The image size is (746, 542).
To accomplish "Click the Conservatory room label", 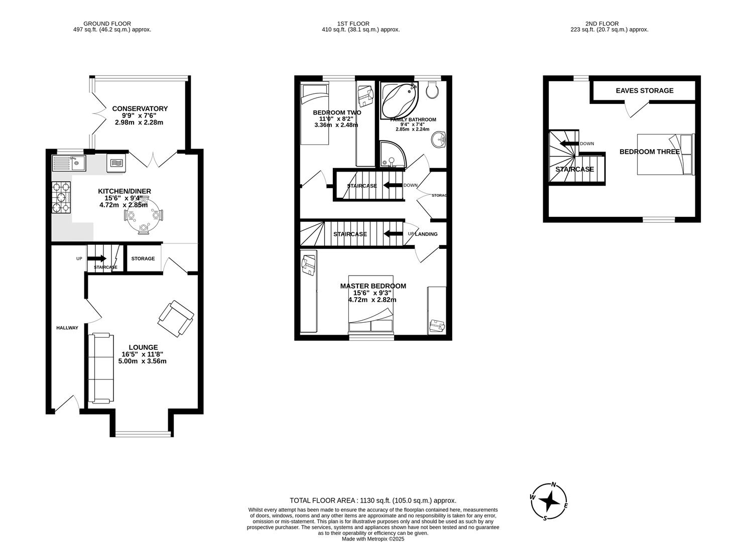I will (140, 108).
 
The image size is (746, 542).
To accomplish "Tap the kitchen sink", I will (69, 163).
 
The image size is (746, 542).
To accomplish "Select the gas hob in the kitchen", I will (61, 197).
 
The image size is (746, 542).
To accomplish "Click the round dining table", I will (144, 216).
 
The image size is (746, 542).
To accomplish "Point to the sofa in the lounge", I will (100, 368).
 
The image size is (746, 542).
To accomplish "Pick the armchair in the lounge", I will (176, 318).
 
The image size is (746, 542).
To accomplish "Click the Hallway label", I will (67, 328).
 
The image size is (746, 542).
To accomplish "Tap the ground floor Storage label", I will (143, 258).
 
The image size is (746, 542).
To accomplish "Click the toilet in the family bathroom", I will (431, 90).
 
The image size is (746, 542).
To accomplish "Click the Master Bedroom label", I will (373, 286).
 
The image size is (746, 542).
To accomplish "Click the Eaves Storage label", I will (645, 91).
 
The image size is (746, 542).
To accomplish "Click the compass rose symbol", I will (550, 501).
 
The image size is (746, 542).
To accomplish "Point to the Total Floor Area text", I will (372, 500).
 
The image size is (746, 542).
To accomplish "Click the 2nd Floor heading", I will (601, 24).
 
